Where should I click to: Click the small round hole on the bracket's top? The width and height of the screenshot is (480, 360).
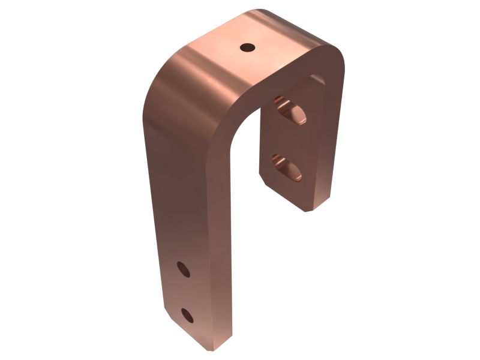click(247, 47)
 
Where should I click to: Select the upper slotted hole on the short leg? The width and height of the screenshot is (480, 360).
click(290, 110)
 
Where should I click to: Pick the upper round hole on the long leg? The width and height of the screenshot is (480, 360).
click(184, 269)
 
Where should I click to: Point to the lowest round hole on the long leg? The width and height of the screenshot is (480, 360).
click(187, 314)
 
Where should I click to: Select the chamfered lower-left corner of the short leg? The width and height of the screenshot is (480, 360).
click(264, 180)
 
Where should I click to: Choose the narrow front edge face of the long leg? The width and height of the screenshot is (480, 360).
click(219, 240)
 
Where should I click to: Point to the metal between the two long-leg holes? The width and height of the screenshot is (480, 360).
click(185, 292)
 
